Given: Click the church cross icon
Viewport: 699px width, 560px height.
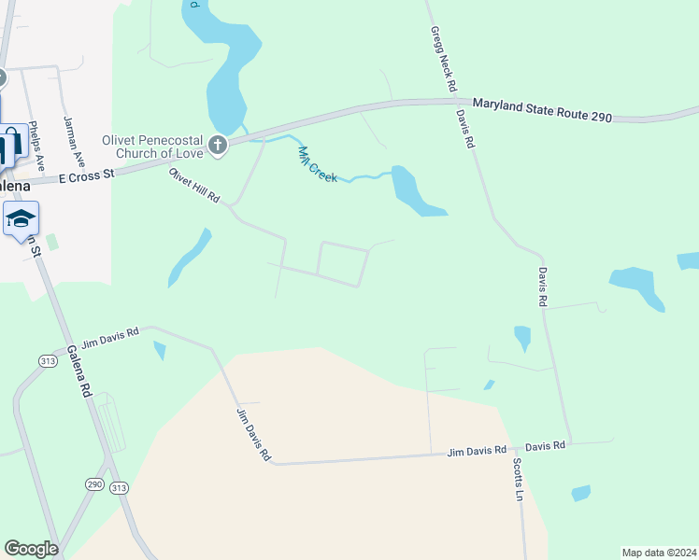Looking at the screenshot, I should click(x=217, y=144).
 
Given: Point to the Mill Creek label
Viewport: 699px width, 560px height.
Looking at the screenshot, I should click(x=317, y=164).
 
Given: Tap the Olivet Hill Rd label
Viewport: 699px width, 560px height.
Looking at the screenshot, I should click(x=193, y=186).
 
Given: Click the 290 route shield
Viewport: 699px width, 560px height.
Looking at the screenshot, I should click(x=95, y=484).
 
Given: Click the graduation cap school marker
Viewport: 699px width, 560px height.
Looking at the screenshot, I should click(x=21, y=220).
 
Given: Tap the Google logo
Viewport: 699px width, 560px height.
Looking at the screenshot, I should click(x=31, y=549).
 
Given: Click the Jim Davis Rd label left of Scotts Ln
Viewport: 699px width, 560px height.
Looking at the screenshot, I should click(x=477, y=452).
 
